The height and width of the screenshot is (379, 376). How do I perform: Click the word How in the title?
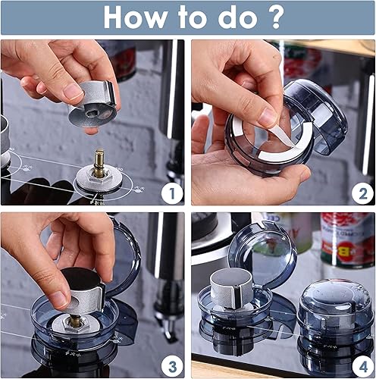(x=136, y=17)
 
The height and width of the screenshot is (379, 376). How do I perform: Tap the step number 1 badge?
(x=171, y=193)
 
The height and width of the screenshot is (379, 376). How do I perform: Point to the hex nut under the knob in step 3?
(x=75, y=321)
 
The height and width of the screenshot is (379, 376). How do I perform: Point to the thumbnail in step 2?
(x=266, y=116)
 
